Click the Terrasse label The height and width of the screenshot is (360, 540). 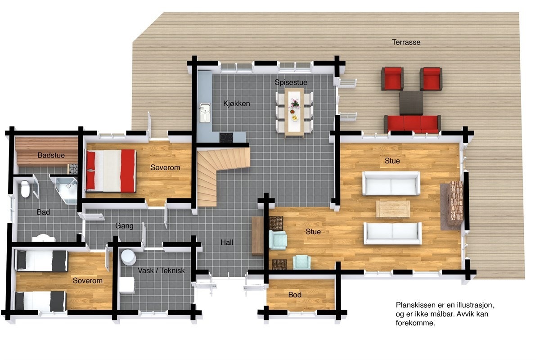point(406,42)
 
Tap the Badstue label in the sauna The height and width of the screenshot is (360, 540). point(51,155)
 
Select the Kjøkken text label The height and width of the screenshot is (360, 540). point(236,103)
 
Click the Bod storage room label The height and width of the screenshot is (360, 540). point(295,295)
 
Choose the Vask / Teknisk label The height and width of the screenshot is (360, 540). point(161,270)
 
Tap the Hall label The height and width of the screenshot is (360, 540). point(227,242)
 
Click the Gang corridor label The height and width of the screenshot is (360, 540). point(124,226)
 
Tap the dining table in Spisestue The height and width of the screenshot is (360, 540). point(294,112)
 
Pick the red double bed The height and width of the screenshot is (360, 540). point(111,171)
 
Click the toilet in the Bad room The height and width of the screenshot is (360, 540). point(25,189)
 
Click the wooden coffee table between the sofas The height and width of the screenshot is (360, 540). point(393,208)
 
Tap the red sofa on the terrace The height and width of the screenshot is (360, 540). point(412,123)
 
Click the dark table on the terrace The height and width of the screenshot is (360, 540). point(411,103)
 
